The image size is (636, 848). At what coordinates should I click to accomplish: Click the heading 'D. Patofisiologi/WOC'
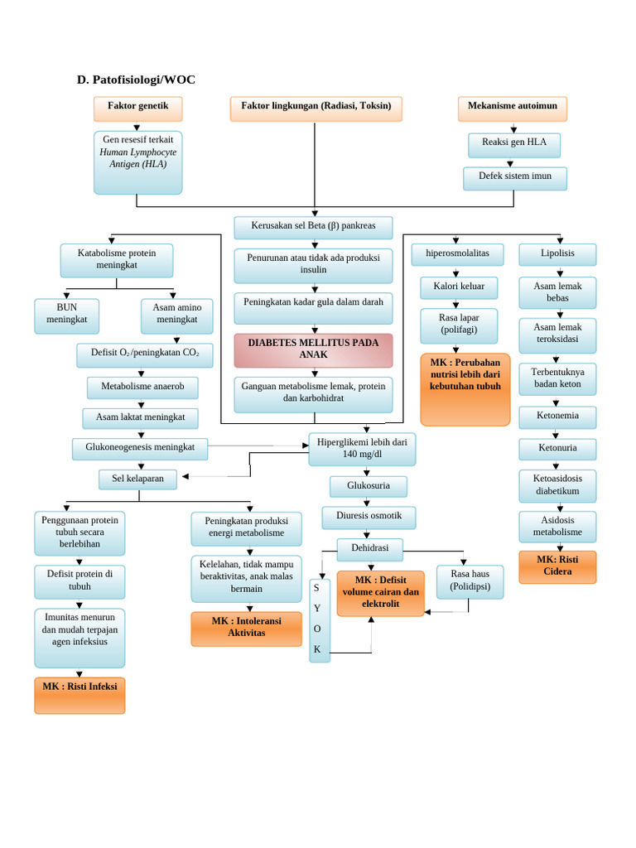coord(136,79)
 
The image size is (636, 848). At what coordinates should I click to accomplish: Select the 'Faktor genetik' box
coord(137,108)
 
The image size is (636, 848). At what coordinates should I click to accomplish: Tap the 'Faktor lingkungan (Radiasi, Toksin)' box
coord(316,108)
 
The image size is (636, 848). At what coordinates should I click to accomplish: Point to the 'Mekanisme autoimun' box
coord(513,108)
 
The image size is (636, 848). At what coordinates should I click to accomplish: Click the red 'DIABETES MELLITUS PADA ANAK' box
coord(313,349)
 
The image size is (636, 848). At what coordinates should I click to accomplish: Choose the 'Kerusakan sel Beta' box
coord(313,227)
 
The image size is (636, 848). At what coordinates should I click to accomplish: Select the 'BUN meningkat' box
coord(66,316)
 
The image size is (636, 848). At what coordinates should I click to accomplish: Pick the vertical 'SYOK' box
coord(319,620)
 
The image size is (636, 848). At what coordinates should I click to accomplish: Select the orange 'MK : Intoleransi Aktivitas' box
coord(246,629)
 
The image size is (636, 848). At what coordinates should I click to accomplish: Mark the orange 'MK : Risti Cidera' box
coord(557,566)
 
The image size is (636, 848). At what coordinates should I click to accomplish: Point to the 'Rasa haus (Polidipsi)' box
coord(470,581)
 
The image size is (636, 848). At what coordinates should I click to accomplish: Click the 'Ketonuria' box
coord(557,448)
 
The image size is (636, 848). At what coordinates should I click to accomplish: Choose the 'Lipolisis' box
coord(557,254)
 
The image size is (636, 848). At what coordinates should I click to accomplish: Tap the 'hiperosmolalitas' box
coord(457,254)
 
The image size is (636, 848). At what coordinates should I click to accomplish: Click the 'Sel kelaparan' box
coord(137,479)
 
